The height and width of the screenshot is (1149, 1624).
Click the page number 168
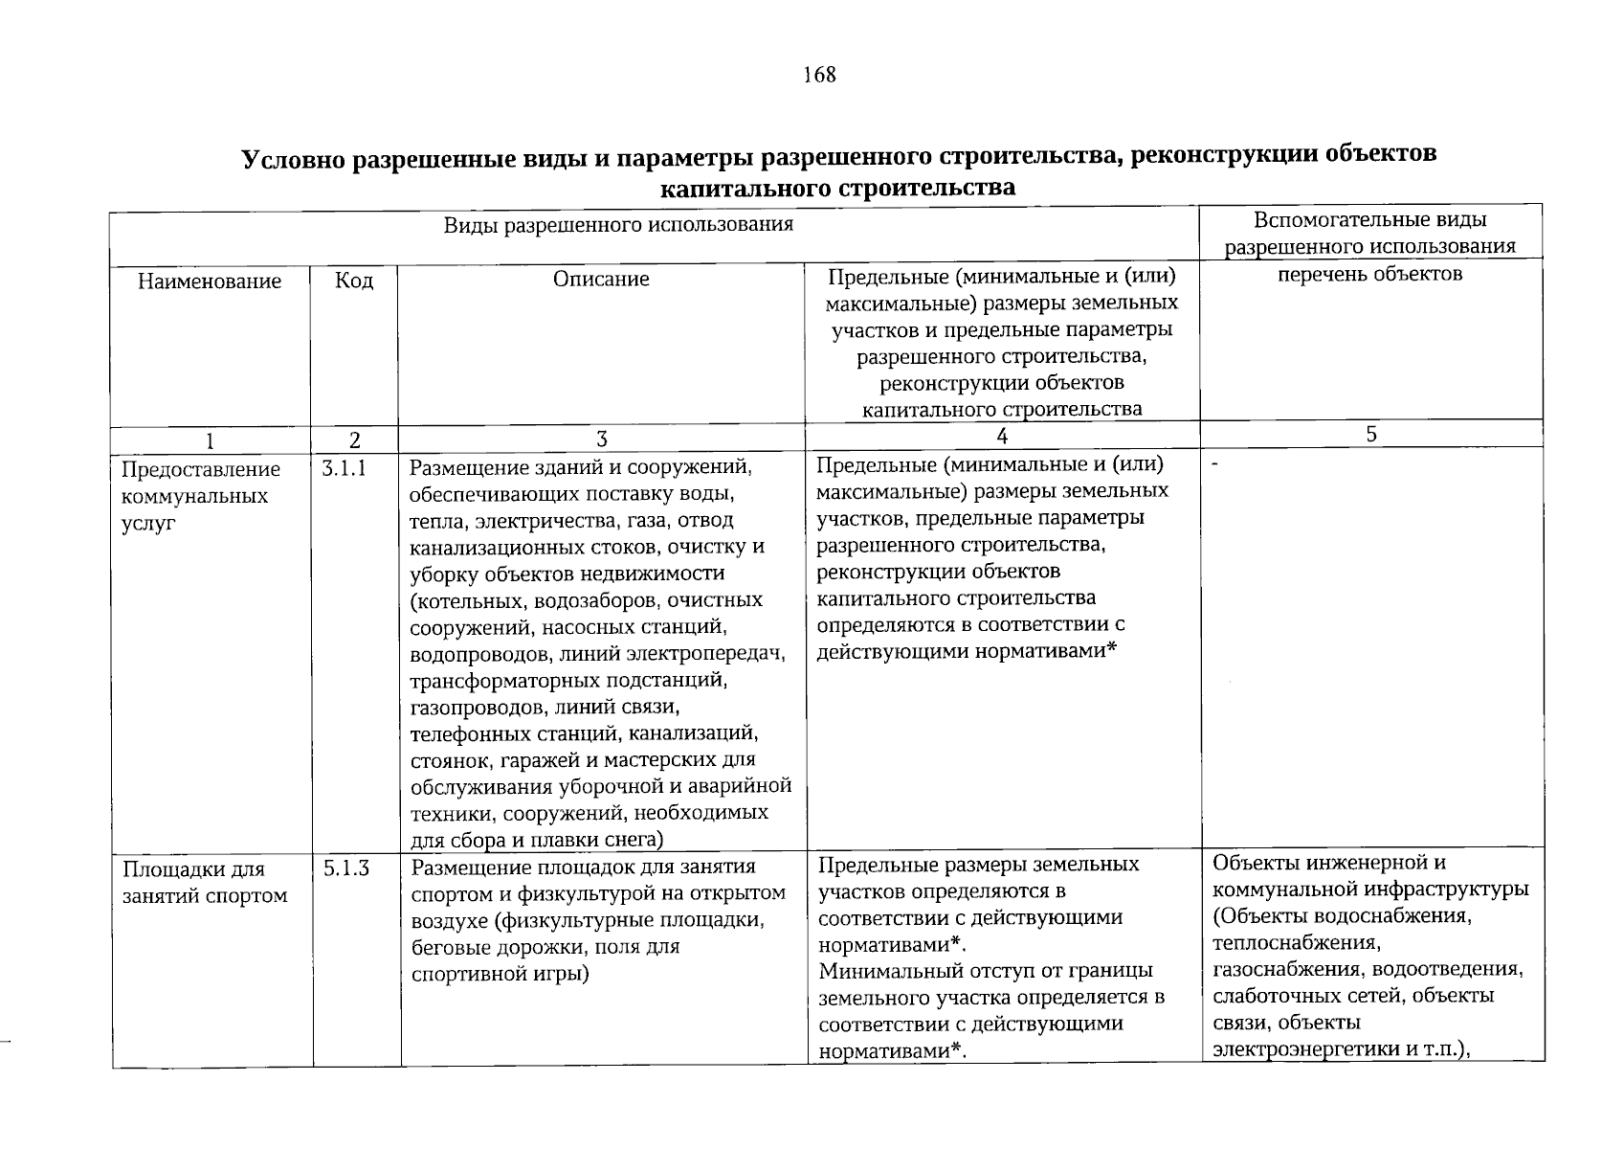[x=820, y=75]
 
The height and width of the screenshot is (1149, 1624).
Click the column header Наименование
[x=210, y=282]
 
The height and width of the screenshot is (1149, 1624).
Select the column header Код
[x=354, y=281]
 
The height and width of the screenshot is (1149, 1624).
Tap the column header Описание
[x=601, y=280]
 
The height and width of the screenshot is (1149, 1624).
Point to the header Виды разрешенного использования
[x=618, y=225]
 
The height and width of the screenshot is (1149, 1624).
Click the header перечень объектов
[x=1370, y=274]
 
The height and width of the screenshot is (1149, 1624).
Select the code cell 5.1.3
[x=345, y=869]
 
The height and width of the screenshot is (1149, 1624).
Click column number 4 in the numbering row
[x=1001, y=437]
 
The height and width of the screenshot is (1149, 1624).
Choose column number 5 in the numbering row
[x=1371, y=435]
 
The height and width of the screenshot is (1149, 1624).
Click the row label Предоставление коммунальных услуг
[x=201, y=496]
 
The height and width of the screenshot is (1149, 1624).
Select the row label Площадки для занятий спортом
[x=205, y=883]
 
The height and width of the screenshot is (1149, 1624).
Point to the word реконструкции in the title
[x=1205, y=155]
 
